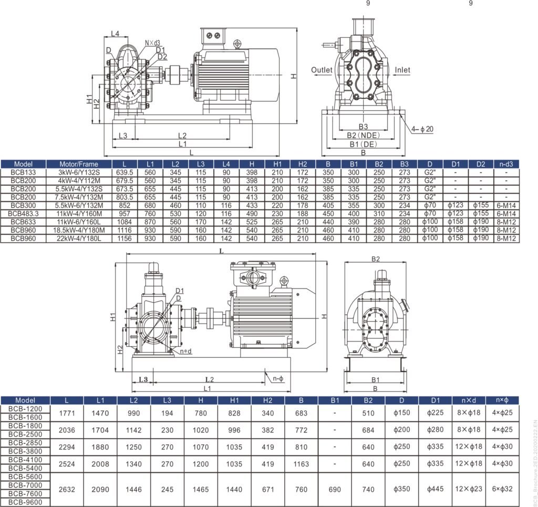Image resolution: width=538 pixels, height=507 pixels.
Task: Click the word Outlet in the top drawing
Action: tap(322, 70)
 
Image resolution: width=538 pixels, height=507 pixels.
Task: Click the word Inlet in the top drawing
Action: tap(402, 70)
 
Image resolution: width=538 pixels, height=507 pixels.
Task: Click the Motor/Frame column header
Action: tap(79, 164)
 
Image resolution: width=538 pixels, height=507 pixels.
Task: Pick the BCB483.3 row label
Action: tap(24, 213)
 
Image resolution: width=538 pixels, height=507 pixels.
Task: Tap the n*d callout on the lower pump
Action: tap(185, 351)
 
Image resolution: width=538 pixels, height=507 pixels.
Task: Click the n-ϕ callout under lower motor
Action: tap(278, 378)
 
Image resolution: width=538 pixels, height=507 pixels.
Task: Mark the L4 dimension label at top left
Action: tap(115, 34)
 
